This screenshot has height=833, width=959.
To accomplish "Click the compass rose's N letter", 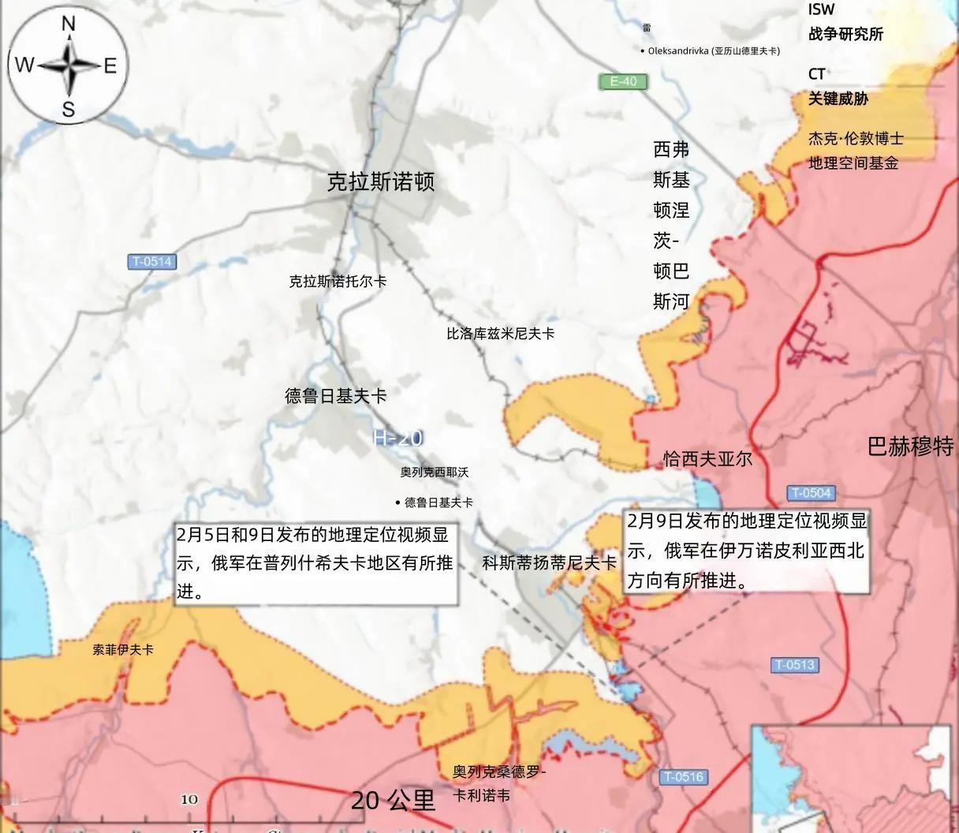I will point(69,24).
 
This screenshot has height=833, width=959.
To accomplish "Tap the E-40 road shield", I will point(622,81).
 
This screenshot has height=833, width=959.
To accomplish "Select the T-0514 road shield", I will point(152,262).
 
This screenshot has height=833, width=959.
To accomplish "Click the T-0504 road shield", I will point(811,493).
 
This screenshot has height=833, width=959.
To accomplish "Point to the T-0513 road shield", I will point(794,664).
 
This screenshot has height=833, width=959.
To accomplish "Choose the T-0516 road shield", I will point(683,776).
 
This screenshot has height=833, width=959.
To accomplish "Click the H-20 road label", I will point(398,438).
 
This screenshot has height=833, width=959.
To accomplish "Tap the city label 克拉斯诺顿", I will point(381,182).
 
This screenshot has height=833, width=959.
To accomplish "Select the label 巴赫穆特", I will point(911,446).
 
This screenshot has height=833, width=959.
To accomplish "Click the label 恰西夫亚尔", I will point(707,458).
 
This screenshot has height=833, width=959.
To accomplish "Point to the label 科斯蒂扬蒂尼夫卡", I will point(549,562).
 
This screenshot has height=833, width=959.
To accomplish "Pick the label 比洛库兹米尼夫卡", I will point(500,334).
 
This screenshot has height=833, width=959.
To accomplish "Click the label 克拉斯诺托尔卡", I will point(338,281).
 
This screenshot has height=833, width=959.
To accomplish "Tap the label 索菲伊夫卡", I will point(123,650).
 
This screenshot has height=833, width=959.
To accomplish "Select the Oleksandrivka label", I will point(712,50).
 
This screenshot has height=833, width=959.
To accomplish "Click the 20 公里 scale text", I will point(393,801).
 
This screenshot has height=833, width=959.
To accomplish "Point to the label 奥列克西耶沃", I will point(434,472).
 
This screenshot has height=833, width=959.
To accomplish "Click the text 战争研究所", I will point(845,34).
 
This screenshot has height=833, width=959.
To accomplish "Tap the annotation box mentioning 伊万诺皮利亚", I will point(747,551).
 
